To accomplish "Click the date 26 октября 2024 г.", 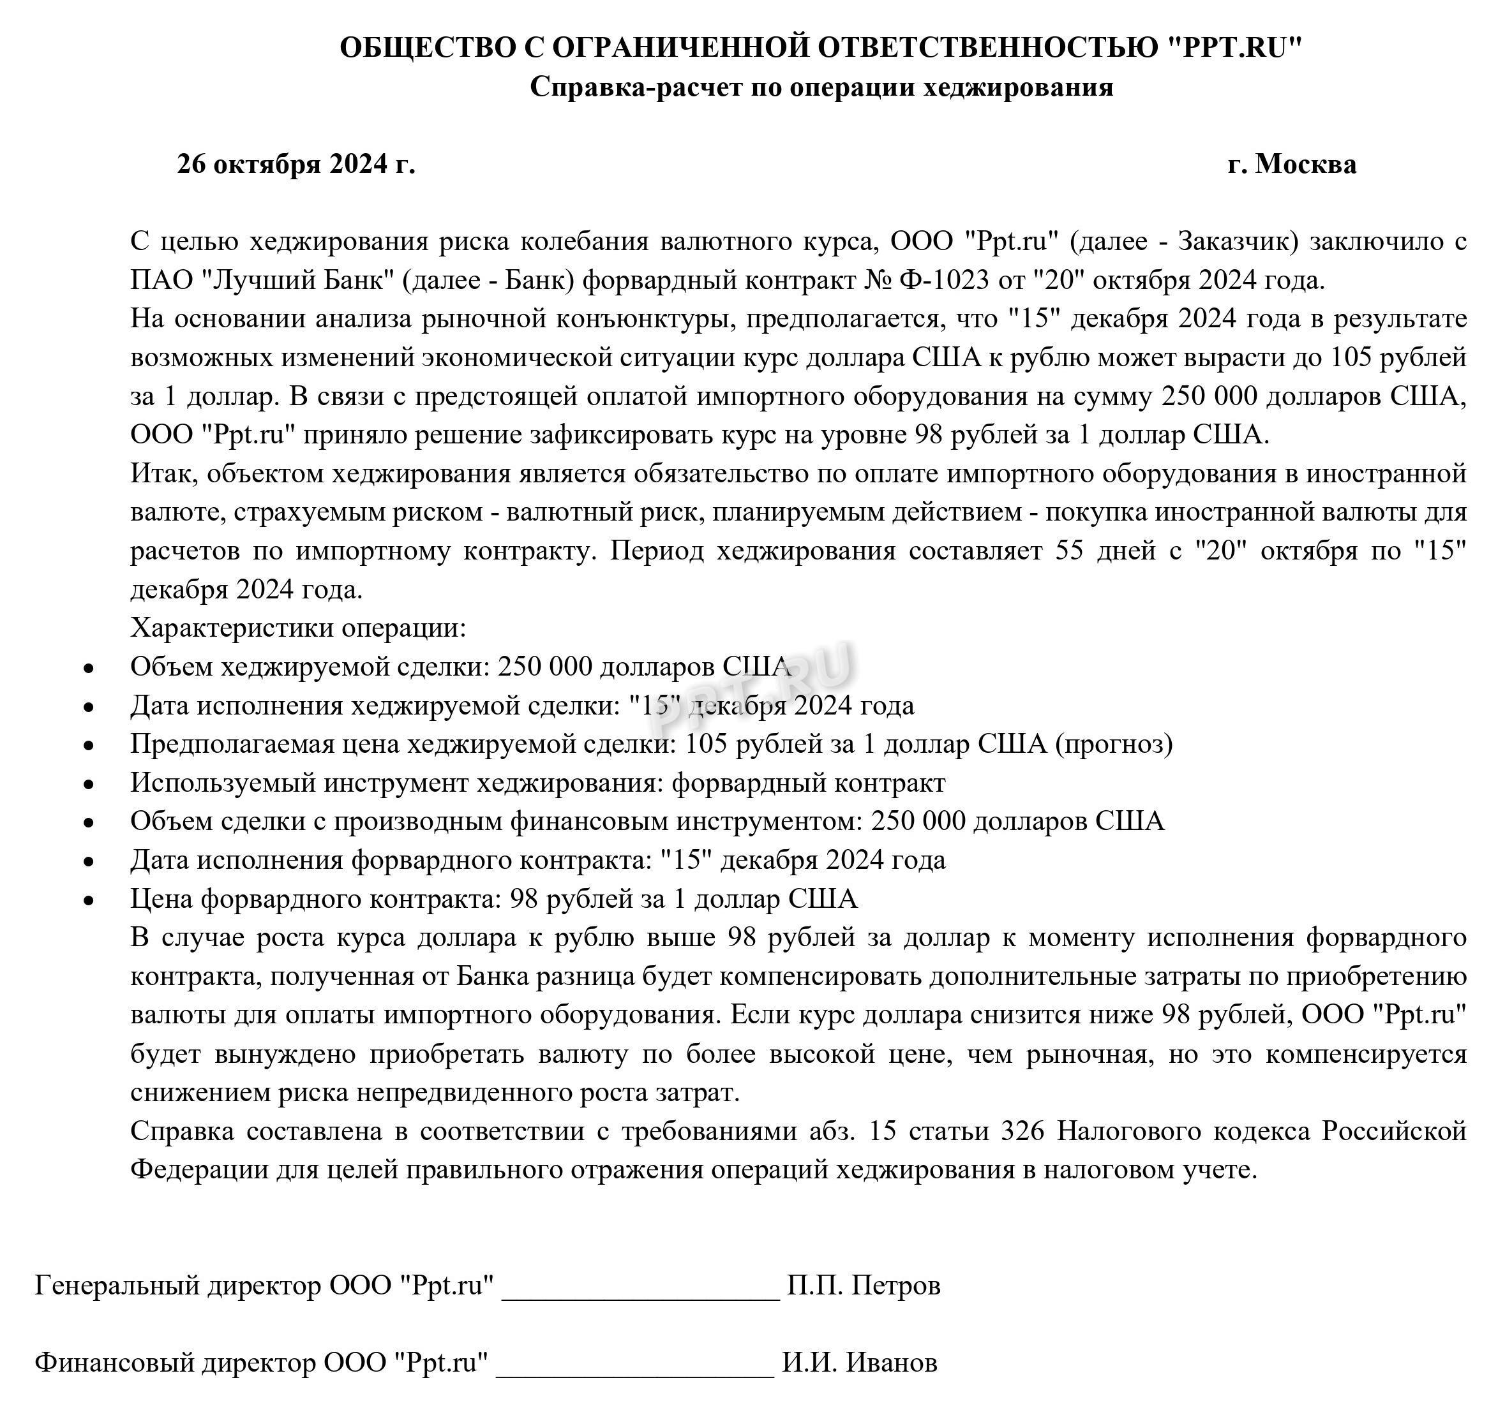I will (296, 163).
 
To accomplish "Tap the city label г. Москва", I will (1292, 163).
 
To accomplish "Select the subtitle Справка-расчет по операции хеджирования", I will (821, 86).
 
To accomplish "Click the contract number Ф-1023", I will (943, 280).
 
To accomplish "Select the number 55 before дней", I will (1069, 550).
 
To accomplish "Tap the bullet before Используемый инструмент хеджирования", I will (89, 785).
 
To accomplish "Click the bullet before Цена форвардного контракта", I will (89, 900).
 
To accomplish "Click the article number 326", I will (1022, 1130).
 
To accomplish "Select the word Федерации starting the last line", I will (198, 1169).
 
